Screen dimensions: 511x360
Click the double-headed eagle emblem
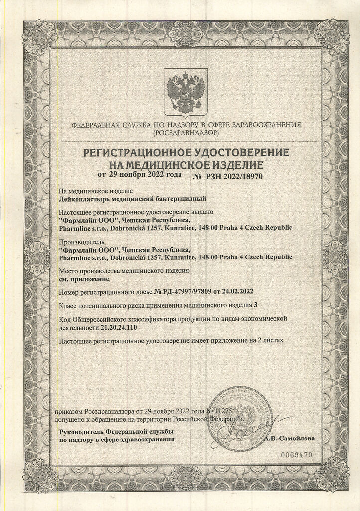point(186,92)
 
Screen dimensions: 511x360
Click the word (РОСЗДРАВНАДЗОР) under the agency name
point(186,134)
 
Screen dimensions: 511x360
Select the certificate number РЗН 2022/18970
point(237,177)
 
